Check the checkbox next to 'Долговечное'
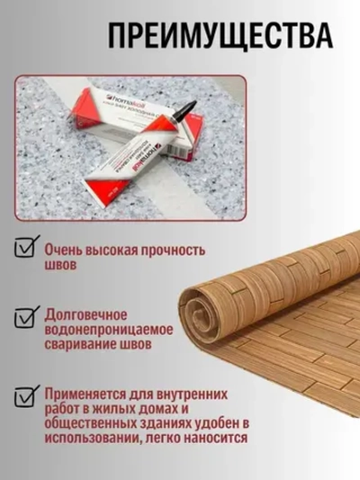point(25,317)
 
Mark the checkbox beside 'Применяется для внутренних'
point(25,397)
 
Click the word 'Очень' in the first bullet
point(67,249)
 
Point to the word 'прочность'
point(173,249)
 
